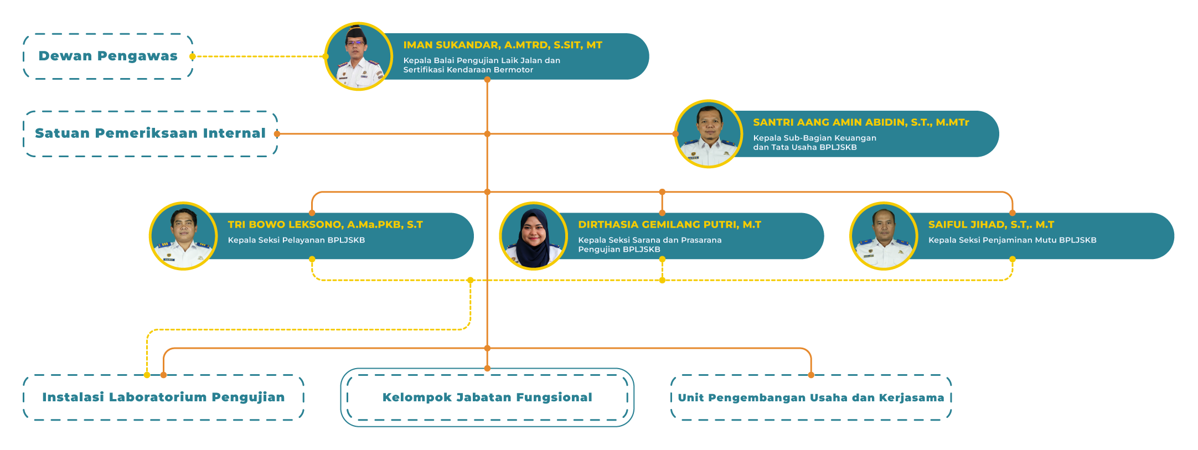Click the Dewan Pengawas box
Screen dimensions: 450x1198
pos(108,56)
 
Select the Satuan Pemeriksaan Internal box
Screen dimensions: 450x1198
pos(150,133)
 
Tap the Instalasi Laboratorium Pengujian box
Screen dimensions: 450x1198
pos(163,397)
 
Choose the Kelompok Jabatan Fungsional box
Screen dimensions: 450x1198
pos(487,397)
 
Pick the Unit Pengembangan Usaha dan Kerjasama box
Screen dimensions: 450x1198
pos(811,397)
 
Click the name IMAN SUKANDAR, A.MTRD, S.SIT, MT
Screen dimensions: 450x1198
pos(503,45)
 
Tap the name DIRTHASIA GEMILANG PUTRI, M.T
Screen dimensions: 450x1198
pos(669,225)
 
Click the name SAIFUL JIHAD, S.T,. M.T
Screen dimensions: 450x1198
pos(991,225)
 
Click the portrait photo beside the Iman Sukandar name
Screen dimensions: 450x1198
pos(358,56)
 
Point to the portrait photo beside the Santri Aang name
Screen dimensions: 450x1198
pos(709,134)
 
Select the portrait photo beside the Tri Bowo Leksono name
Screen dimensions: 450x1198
pos(183,236)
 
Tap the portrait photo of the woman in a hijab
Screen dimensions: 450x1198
pos(533,236)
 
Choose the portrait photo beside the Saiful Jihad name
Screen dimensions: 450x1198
pos(884,236)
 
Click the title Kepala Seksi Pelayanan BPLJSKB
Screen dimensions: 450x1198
pos(296,240)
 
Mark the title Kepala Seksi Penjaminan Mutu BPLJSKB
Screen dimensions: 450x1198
pos(1012,240)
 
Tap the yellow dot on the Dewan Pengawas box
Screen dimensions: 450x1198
pos(192,56)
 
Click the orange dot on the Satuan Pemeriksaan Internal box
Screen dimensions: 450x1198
pos(277,134)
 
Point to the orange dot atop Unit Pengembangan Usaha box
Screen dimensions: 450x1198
pos(811,375)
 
